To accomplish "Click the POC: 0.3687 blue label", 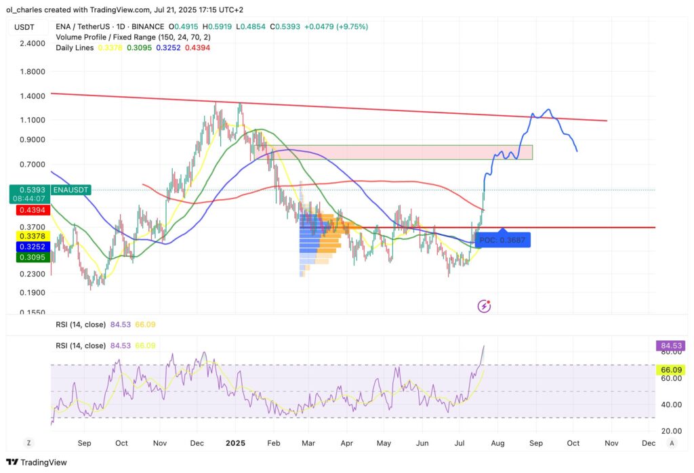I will (x=502, y=239).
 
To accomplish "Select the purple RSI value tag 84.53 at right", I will (x=670, y=346).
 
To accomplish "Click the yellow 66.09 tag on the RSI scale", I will (x=670, y=370).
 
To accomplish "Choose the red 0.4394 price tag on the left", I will (x=27, y=211).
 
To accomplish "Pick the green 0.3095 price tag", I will (x=27, y=258).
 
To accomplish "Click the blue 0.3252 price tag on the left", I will (x=27, y=246).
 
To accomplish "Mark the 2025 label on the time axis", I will (x=235, y=443).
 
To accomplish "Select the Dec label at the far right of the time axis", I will (x=647, y=443).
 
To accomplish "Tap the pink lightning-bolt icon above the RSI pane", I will (x=485, y=306).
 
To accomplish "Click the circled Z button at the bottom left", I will (x=28, y=443).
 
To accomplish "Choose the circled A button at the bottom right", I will (x=671, y=443).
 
